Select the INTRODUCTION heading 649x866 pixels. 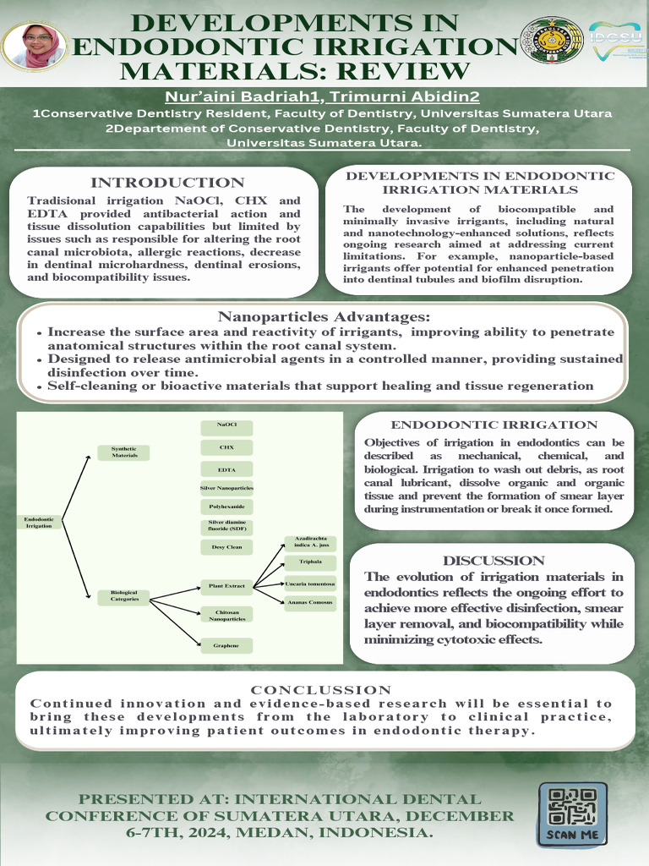167,183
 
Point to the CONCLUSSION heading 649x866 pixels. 321,690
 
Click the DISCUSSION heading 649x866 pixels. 494,561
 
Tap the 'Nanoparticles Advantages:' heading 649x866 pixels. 324,317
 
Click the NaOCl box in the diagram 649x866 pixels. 226,425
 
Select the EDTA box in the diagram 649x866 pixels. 226,469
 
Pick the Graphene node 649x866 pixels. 226,645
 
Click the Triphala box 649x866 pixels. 309,562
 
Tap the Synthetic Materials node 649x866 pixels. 124,452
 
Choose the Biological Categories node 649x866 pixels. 124,595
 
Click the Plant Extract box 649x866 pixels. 226,585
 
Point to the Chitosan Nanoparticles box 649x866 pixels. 226,615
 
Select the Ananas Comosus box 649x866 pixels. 309,603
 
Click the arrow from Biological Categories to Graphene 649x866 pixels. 175,622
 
